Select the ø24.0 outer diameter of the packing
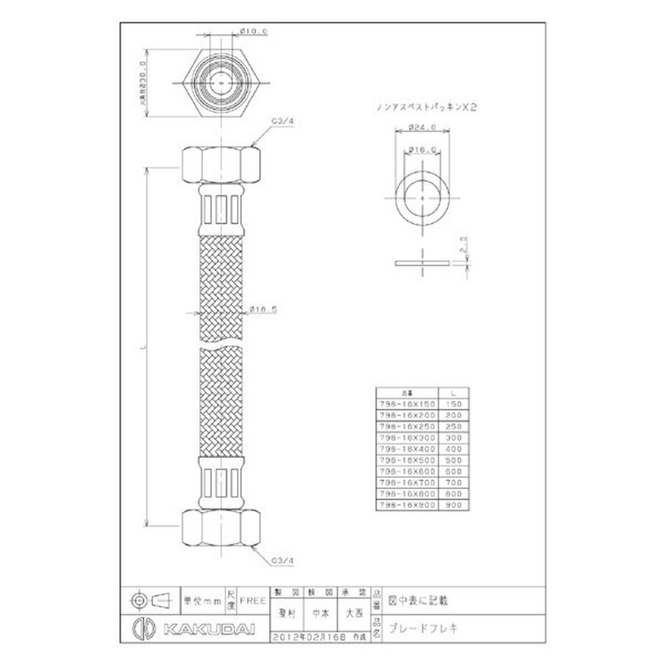pyautogui.click(x=425, y=128)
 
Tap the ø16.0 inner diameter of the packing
pyautogui.click(x=424, y=150)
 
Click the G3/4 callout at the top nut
pyautogui.click(x=282, y=121)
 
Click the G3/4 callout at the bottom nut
pyautogui.click(x=282, y=559)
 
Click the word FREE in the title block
pyautogui.click(x=254, y=598)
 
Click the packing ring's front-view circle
pyautogui.click(x=424, y=199)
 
